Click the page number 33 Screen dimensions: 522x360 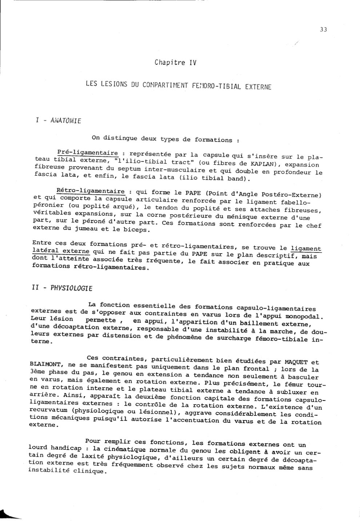323,29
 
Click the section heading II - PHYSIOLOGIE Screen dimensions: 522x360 62,288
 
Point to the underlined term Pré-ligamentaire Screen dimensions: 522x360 88,153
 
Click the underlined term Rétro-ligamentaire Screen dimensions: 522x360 91,191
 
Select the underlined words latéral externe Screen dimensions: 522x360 61,251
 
